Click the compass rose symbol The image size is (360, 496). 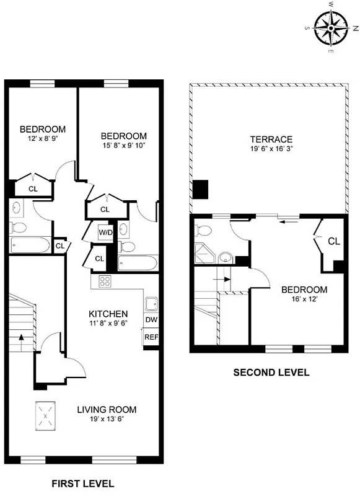click(332, 29)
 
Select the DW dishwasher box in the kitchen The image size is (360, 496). click(151, 320)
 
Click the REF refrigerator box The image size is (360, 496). click(151, 337)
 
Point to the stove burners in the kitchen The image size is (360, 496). click(105, 282)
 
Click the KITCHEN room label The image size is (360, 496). click(108, 314)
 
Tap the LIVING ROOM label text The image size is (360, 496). click(107, 410)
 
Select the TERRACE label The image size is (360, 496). click(271, 139)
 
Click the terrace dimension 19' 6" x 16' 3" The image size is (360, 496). click(271, 149)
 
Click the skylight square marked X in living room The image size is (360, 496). click(45, 417)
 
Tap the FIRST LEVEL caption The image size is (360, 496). click(82, 483)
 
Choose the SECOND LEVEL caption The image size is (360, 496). click(271, 373)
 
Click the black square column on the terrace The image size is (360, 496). click(201, 189)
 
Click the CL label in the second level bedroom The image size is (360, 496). click(333, 241)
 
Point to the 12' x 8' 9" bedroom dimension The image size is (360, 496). click(43, 139)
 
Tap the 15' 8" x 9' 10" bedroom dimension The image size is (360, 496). click(123, 146)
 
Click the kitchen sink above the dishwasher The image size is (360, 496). click(151, 304)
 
